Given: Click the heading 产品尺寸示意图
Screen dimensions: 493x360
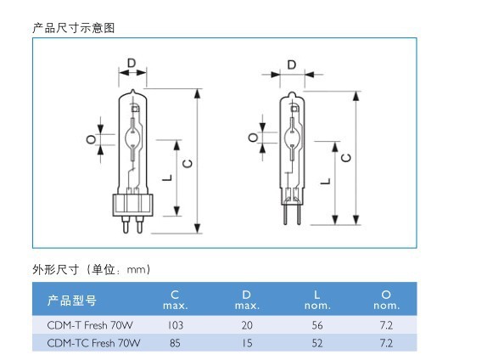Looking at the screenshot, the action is [x=73, y=28].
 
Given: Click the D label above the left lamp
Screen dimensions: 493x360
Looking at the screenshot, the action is [x=132, y=63].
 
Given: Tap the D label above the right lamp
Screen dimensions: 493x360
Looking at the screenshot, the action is [x=292, y=65].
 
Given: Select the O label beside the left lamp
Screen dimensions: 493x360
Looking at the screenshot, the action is [x=91, y=139].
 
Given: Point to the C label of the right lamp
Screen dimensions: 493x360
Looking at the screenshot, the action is [x=346, y=157].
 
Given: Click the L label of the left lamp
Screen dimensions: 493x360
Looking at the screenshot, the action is [x=167, y=177].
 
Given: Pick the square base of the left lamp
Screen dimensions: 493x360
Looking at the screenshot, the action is [x=132, y=205].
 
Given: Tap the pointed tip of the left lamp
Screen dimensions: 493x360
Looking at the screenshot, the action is [x=132, y=90].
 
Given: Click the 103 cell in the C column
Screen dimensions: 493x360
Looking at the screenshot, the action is [x=176, y=325].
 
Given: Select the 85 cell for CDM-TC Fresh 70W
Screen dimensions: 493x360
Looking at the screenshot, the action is [x=175, y=343].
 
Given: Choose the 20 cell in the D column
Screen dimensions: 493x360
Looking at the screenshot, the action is [x=247, y=325].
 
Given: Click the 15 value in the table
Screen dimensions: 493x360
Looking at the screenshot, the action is [x=247, y=343].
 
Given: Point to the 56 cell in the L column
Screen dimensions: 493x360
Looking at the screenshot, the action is [x=317, y=325].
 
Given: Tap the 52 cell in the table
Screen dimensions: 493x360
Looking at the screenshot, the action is [x=317, y=343].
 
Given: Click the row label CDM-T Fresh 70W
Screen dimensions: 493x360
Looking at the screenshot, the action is [x=90, y=325].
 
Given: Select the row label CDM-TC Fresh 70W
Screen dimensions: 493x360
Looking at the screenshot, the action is [x=93, y=343].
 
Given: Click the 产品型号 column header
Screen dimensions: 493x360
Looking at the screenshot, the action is [x=71, y=301].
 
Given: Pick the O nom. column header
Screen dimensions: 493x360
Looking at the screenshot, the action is [x=386, y=300].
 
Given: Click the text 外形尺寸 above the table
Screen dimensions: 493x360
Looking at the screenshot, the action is [x=55, y=269].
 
